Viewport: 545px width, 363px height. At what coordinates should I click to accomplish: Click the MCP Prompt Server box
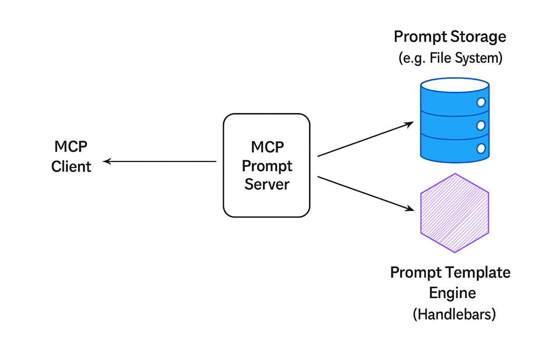[267, 165]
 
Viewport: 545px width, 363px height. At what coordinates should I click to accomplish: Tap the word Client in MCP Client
[71, 167]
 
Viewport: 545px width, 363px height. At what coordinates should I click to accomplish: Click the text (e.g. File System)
[450, 59]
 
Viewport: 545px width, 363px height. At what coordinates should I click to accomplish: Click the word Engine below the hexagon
[452, 293]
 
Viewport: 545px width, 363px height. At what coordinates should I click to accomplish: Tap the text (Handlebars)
[454, 314]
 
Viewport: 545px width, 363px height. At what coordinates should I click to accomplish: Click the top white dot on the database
[481, 103]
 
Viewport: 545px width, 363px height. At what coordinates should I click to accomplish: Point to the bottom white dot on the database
[481, 148]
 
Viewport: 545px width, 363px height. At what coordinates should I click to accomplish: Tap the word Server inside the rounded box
[267, 185]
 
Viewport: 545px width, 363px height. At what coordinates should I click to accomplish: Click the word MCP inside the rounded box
[267, 147]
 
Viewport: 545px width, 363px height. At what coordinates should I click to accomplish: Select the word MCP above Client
[71, 147]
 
